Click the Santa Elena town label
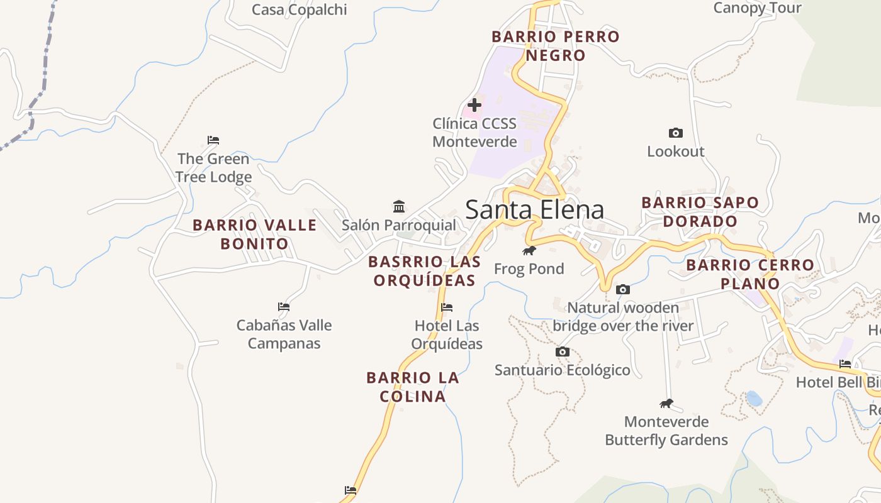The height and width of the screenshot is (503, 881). pyautogui.click(x=534, y=209)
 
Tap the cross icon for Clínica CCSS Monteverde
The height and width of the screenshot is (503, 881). pyautogui.click(x=474, y=105)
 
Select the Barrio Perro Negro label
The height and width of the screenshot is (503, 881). pyautogui.click(x=556, y=46)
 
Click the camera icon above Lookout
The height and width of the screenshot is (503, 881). pyautogui.click(x=675, y=133)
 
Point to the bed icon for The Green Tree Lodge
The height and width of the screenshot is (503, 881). pyautogui.click(x=213, y=140)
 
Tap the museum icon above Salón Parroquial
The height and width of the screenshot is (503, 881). pyautogui.click(x=398, y=206)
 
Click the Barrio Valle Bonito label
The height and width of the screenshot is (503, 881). pyautogui.click(x=254, y=234)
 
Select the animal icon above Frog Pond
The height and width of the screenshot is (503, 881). pyautogui.click(x=529, y=251)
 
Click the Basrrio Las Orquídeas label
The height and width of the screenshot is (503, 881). pyautogui.click(x=424, y=271)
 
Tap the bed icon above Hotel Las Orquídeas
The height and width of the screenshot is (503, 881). pyautogui.click(x=447, y=307)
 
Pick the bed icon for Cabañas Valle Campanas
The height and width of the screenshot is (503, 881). pyautogui.click(x=284, y=307)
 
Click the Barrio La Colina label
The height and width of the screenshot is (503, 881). pyautogui.click(x=413, y=387)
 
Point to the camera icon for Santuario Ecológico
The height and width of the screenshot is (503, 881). pyautogui.click(x=563, y=351)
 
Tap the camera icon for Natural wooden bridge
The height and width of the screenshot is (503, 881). pyautogui.click(x=623, y=289)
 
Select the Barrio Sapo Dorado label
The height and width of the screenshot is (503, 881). pyautogui.click(x=700, y=212)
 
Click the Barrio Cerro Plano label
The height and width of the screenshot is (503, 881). pyautogui.click(x=750, y=274)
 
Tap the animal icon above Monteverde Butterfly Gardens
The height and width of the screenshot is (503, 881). pyautogui.click(x=666, y=403)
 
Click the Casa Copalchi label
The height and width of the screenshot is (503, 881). pyautogui.click(x=299, y=9)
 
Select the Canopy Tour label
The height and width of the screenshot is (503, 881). pyautogui.click(x=757, y=8)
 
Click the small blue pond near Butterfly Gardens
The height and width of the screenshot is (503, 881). pyautogui.click(x=753, y=398)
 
